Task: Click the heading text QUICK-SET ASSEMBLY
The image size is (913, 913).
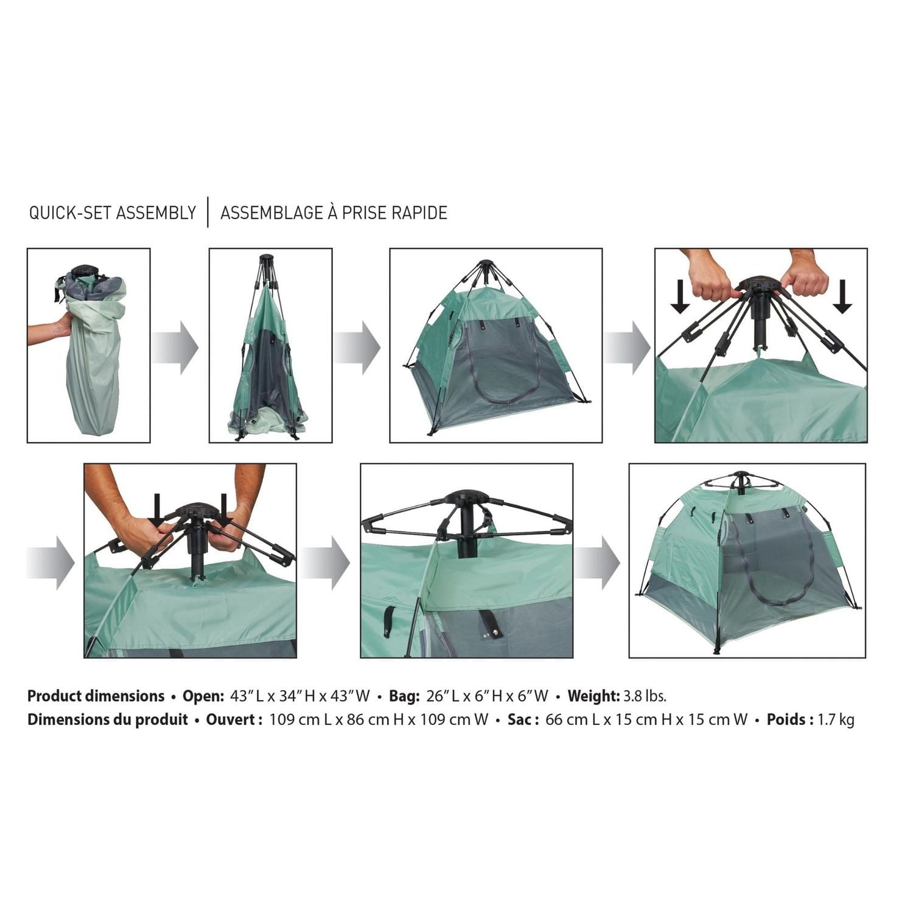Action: tap(113, 212)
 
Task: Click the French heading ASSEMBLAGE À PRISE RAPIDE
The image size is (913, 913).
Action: tap(334, 212)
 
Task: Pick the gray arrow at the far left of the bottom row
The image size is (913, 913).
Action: tap(51, 563)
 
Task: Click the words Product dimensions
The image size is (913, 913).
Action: tap(96, 696)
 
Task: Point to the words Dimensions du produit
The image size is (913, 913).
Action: tap(107, 719)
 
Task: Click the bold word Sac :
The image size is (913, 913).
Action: tap(523, 719)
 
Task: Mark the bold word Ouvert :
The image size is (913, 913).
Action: tap(234, 719)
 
